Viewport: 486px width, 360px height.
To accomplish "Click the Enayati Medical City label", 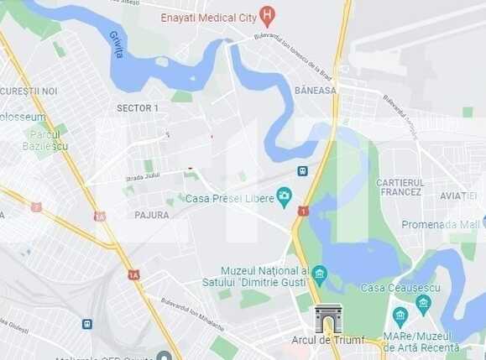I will click(209, 17).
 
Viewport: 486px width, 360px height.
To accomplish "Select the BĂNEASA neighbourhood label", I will click(315, 90).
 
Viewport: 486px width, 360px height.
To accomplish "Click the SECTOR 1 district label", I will click(137, 108).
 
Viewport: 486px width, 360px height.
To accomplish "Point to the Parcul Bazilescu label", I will click(45, 140).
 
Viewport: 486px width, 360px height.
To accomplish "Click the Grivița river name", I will click(117, 44).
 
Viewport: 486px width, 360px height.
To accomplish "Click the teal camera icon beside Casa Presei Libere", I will click(285, 196).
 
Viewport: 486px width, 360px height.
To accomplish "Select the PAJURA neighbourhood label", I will click(151, 215).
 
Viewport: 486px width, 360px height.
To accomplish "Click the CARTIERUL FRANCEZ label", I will click(400, 187).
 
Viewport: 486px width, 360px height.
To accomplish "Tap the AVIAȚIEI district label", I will click(457, 196).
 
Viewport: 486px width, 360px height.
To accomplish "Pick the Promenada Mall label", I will click(440, 224).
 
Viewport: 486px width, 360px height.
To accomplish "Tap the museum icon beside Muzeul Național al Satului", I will click(319, 274).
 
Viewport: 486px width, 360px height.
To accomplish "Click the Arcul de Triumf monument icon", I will click(328, 318).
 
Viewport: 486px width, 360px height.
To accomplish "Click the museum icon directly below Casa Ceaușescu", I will click(422, 302).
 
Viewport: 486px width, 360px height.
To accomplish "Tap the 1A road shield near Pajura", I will click(133, 274).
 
